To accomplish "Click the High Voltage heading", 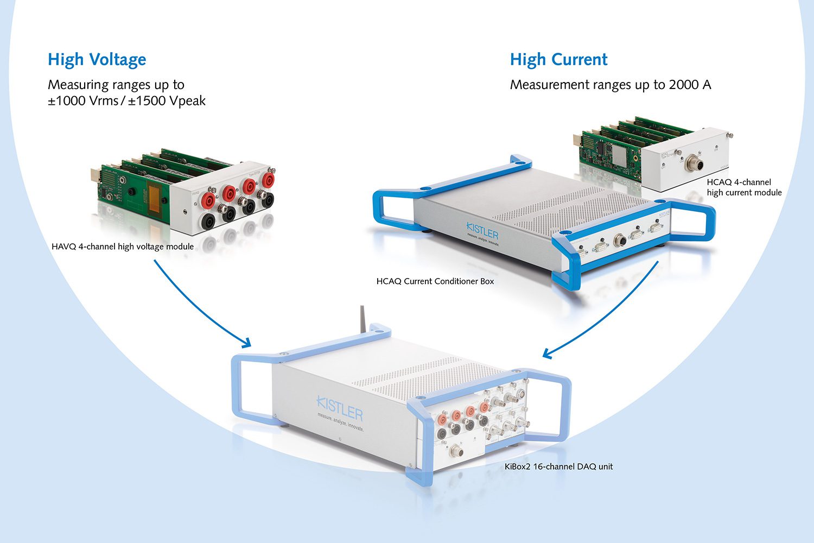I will point(97,59).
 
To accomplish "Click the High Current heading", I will point(558,59).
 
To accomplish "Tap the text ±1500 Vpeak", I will point(167,101).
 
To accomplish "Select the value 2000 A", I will point(690,85).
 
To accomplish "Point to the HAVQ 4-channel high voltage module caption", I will point(123,247).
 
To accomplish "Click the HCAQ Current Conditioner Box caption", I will point(435,281).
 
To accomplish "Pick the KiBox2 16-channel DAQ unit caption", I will point(558,466).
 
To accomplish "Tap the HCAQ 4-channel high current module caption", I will point(744,187).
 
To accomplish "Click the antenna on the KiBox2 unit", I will point(361,318).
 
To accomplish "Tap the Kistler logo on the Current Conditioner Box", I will point(482,232).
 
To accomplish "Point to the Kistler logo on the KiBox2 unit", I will point(340,408).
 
